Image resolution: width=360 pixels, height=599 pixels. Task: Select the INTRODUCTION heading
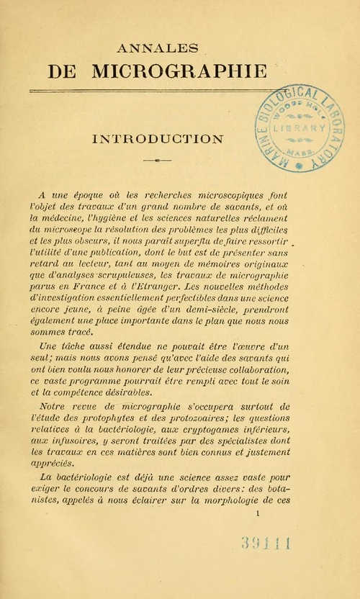[x=157, y=138]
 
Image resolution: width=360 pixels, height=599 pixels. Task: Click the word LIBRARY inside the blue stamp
[x=300, y=127]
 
